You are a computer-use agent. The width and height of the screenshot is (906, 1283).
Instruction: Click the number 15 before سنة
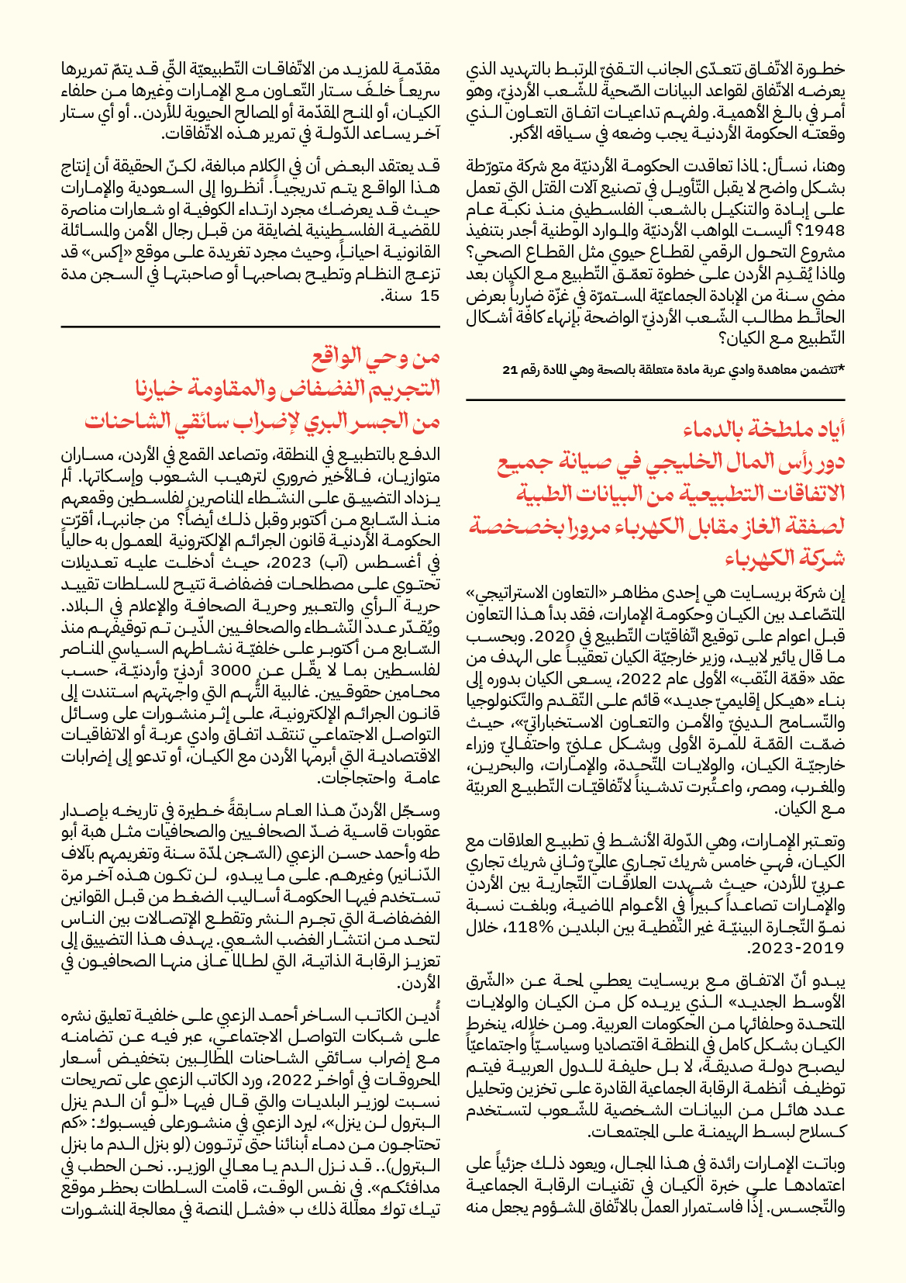(x=429, y=296)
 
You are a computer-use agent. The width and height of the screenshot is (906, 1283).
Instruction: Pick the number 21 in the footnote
(x=509, y=370)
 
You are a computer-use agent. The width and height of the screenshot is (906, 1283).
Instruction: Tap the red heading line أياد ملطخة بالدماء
(x=764, y=428)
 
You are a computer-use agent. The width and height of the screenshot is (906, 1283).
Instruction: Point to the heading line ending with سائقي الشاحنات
(x=263, y=421)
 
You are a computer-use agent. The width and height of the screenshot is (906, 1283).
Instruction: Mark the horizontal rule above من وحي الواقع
(x=250, y=327)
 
